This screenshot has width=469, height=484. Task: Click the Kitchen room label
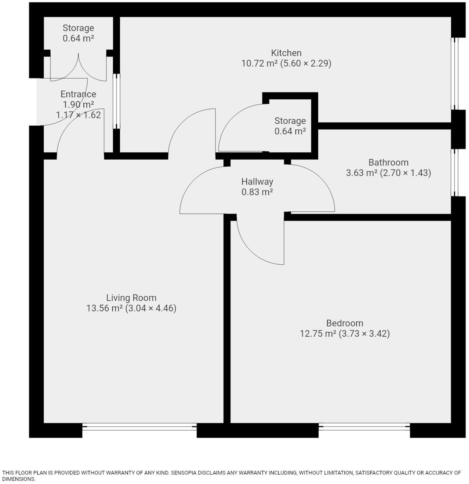click(286, 53)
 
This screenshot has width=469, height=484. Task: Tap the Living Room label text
click(131, 298)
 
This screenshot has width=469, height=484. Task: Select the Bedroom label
click(345, 323)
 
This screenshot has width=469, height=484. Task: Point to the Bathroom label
click(388, 162)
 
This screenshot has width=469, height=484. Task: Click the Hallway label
click(257, 181)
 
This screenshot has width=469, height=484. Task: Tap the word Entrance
click(78, 94)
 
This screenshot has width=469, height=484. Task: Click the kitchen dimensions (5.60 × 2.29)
click(306, 63)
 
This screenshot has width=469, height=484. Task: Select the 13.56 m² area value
click(104, 308)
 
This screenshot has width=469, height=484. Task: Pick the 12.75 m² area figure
click(318, 333)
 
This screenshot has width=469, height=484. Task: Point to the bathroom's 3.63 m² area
click(362, 173)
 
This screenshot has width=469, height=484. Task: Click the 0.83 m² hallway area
click(257, 192)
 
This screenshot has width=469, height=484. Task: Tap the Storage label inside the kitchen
click(290, 121)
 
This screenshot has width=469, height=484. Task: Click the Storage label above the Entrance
click(78, 28)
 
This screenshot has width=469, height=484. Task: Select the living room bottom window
click(139, 427)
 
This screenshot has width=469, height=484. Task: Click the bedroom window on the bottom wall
click(364, 427)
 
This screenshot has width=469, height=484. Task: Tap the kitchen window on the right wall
click(455, 74)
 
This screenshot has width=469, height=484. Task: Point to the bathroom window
click(455, 172)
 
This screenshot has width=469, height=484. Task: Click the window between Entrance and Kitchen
click(116, 101)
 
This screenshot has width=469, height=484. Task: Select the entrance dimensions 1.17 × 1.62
click(78, 115)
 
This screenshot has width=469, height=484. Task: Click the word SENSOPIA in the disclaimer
click(183, 473)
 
